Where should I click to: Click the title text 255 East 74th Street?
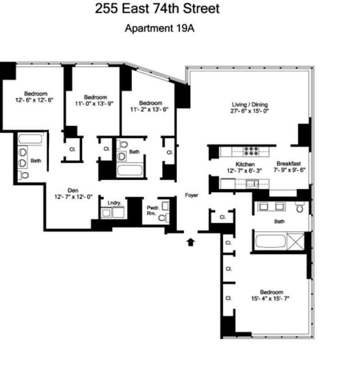coord(157,9)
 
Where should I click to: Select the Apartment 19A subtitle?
coord(159,28)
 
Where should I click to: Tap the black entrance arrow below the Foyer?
coord(191,242)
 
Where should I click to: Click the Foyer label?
coord(192,195)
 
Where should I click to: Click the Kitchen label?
coord(245,165)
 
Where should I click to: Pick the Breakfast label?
coord(288,164)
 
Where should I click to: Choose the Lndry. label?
coord(114,203)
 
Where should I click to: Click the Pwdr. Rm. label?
coord(152,210)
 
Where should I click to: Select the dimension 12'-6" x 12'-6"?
coord(34,100)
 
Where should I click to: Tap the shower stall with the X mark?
coord(295,241)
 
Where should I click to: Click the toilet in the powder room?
coord(164,218)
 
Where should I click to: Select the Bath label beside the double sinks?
coord(36,160)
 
